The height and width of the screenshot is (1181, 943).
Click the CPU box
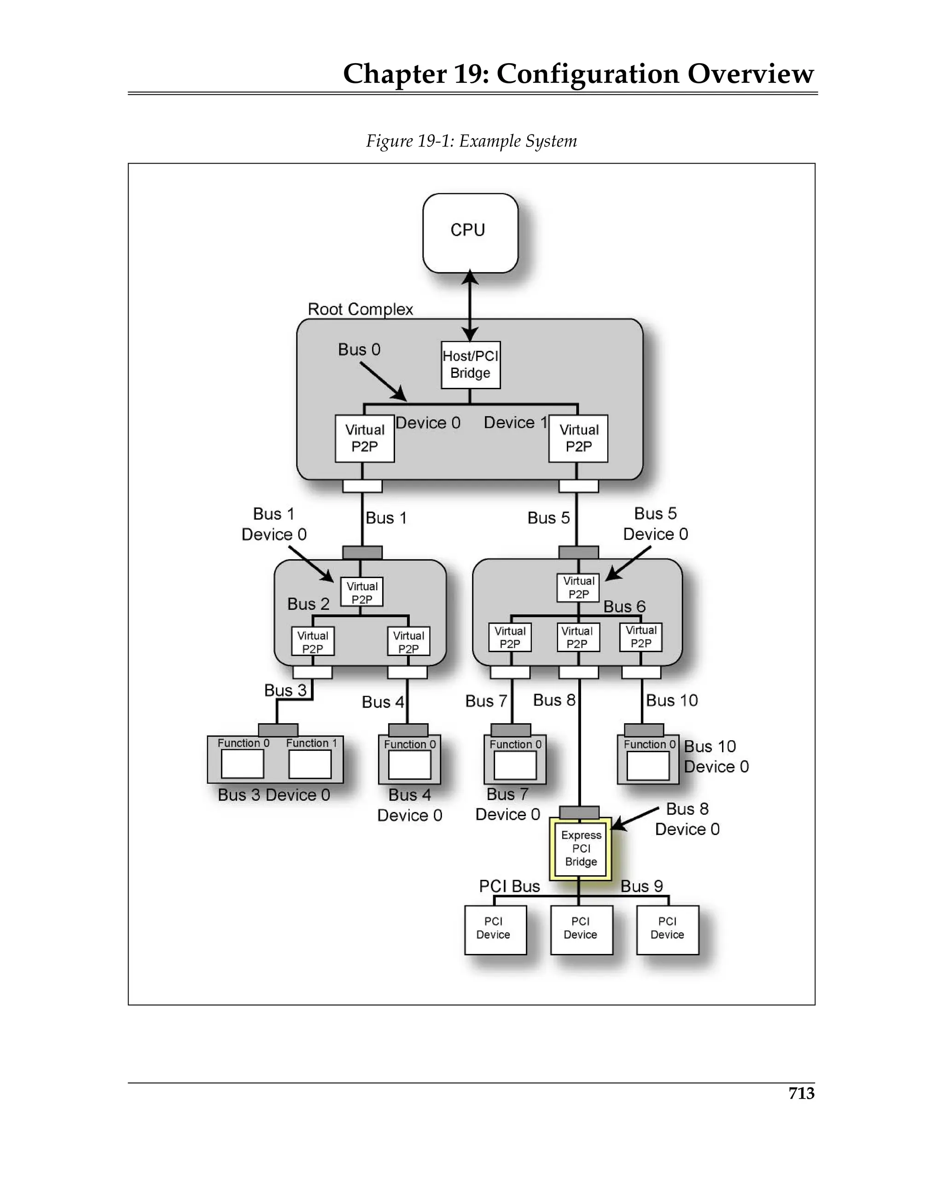470,232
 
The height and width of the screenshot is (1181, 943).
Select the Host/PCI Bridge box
471,365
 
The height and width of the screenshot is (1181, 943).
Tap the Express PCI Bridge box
581,848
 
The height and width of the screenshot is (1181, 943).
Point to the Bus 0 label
359,350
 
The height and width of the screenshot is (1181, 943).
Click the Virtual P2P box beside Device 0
364,438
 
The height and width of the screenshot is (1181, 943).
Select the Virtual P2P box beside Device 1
578,438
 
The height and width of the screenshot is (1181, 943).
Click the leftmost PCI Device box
495,930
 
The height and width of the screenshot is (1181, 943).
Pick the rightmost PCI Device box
667,930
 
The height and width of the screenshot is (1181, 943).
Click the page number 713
801,1093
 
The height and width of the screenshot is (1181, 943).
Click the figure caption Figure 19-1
471,141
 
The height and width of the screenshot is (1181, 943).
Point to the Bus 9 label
641,886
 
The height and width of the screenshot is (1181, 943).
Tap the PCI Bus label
509,886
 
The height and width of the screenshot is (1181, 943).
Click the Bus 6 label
624,606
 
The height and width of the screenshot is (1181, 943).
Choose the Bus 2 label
309,604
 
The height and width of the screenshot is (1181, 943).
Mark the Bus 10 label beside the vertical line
671,700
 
